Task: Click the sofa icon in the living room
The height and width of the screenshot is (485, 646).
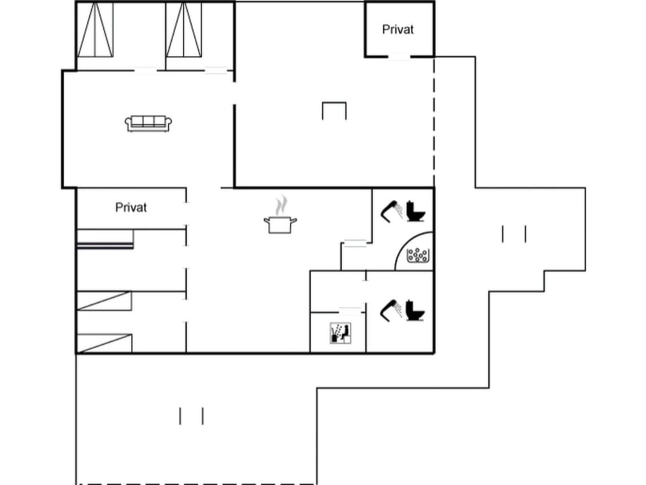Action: tap(148, 123)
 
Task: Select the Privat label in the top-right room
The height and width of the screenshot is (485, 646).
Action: tap(398, 30)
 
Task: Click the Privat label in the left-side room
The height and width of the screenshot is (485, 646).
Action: tap(131, 207)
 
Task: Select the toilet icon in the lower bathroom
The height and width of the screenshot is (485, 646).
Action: tap(416, 310)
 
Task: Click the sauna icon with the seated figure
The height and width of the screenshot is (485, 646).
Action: tap(340, 333)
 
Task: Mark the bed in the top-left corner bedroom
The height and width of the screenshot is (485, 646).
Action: tap(95, 30)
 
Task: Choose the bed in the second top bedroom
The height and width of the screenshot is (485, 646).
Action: tap(184, 30)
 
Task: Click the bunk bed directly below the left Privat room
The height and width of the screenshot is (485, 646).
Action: tap(105, 239)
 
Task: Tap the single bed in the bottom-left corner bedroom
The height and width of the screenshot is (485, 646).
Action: tap(104, 343)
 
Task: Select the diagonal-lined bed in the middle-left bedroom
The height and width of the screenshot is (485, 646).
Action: tap(104, 300)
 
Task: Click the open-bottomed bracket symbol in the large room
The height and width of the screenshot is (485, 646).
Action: tap(334, 110)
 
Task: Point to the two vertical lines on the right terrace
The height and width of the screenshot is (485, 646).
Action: tap(514, 234)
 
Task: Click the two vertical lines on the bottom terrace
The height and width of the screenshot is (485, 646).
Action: tap(191, 416)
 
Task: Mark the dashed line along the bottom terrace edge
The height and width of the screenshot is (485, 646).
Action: tap(195, 483)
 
